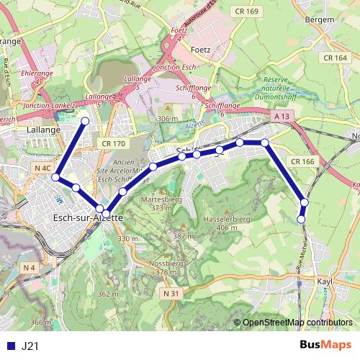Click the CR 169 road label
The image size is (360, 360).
coord(246,12)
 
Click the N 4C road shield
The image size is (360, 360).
coord(42,168)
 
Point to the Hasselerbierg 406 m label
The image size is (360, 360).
coord(221,222)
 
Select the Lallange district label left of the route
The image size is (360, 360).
coord(43,130)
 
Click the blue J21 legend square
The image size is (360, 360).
coord(10,346)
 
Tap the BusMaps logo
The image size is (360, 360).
coord(325,345)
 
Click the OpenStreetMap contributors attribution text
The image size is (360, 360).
coord(299,323)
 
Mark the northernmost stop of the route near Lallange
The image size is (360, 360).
coord(85,121)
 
